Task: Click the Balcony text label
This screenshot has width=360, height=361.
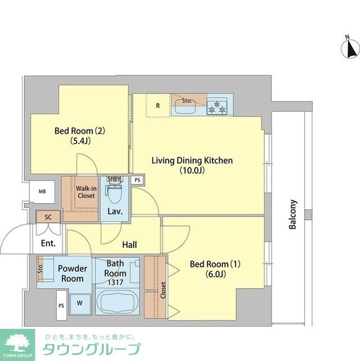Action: [x=292, y=215]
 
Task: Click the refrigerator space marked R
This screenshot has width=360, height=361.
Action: [x=158, y=105]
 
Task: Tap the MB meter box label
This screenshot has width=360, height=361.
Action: [x=42, y=192]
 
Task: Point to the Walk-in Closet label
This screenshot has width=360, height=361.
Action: [x=86, y=192]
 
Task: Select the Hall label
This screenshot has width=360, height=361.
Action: [x=130, y=245]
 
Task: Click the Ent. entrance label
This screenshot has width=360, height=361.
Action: [x=48, y=244]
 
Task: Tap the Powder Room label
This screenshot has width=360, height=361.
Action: [x=73, y=274]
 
